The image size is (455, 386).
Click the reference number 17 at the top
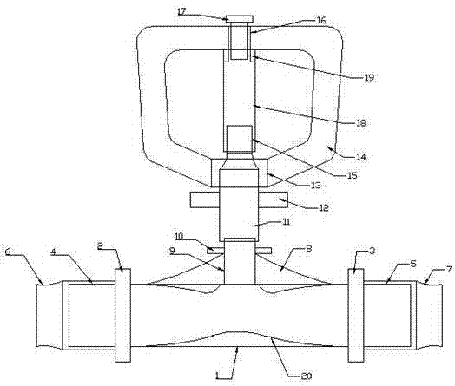tap(182, 12)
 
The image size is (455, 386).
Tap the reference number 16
tap(321, 20)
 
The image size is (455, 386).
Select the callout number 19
tap(369, 78)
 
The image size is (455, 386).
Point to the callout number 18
tap(361, 123)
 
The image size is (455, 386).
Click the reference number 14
tap(361, 157)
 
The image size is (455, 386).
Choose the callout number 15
tap(352, 175)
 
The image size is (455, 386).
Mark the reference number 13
tap(316, 185)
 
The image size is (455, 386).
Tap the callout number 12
tap(324, 208)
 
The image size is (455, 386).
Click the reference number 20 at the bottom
tap(307, 376)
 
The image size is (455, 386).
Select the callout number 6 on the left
tap(8, 252)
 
